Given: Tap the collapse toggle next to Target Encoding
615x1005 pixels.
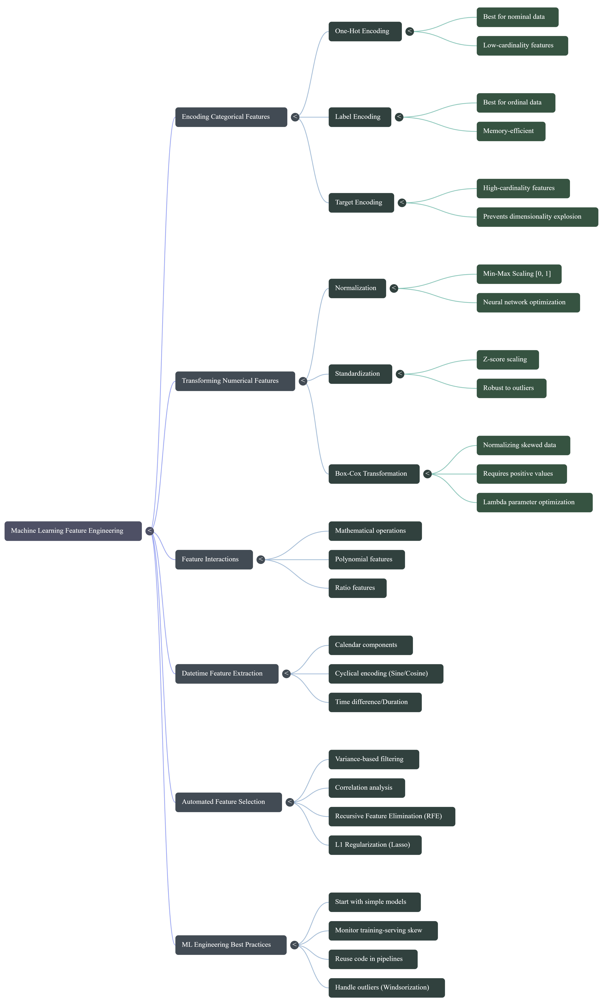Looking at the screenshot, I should coord(402,203).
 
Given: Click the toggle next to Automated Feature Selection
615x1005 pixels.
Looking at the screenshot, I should coord(290,802).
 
